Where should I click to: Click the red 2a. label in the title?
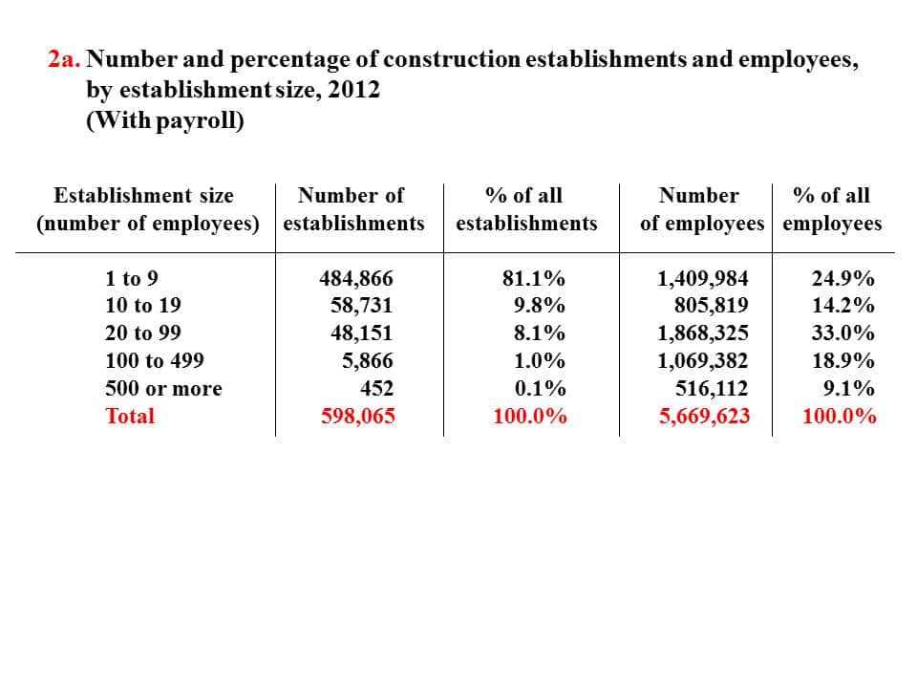[x=64, y=59]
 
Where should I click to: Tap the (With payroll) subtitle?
[x=165, y=120]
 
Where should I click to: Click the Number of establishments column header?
[x=353, y=209]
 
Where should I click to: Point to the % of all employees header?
[x=832, y=209]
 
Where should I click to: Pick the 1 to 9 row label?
[x=132, y=278]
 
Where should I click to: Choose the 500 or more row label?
[x=163, y=389]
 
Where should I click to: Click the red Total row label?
[x=130, y=416]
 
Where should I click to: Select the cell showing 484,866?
[x=356, y=278]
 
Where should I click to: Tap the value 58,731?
[x=361, y=306]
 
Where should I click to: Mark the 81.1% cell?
[x=533, y=278]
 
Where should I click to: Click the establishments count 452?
[x=376, y=389]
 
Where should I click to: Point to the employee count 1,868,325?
[x=703, y=333]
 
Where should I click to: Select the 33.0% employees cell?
[x=842, y=333]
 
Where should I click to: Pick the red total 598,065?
[x=358, y=416]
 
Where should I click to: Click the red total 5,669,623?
[x=704, y=416]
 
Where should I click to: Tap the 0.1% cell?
[x=540, y=389]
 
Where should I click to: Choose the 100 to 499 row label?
[x=155, y=360]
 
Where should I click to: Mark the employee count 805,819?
[x=711, y=306]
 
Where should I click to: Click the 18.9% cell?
[x=842, y=360]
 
